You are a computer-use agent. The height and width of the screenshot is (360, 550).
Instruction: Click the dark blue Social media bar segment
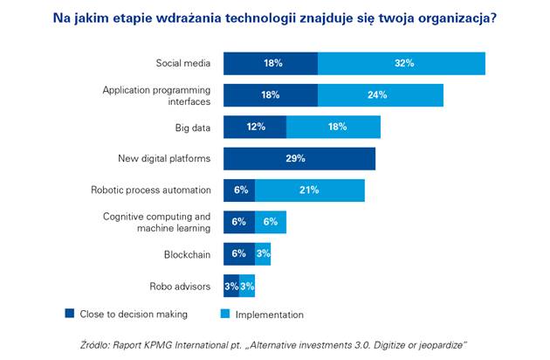coord(271,64)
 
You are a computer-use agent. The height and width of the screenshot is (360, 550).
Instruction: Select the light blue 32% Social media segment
coord(402,64)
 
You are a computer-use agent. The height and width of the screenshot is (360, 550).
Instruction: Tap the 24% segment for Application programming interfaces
coord(381,95)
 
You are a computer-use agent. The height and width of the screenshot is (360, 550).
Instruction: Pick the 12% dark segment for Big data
coord(255,127)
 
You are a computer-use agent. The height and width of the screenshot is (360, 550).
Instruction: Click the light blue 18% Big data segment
coord(333,127)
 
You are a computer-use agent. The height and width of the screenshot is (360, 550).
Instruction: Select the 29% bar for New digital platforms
coord(299,158)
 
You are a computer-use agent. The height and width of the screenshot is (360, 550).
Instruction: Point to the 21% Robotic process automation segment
coord(310,190)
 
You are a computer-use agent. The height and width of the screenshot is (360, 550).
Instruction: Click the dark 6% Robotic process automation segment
coord(239,190)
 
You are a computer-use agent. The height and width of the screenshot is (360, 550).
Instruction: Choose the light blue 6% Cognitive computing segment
coord(271,222)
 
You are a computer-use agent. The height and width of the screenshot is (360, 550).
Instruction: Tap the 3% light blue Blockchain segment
coord(263,253)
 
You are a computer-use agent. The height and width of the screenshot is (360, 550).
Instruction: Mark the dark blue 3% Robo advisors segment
coord(231,286)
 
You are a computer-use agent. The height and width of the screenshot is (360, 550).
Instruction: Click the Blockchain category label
coord(187,253)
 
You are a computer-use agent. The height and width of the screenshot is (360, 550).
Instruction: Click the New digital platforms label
coord(164,158)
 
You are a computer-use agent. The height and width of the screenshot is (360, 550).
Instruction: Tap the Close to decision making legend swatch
coord(70,314)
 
